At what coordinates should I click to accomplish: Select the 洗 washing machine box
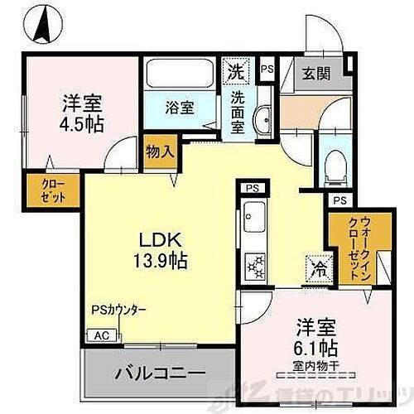(235, 71)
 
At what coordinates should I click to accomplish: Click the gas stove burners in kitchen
(255, 266)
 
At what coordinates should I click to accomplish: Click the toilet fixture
(336, 166)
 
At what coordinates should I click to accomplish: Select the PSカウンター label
(119, 310)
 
